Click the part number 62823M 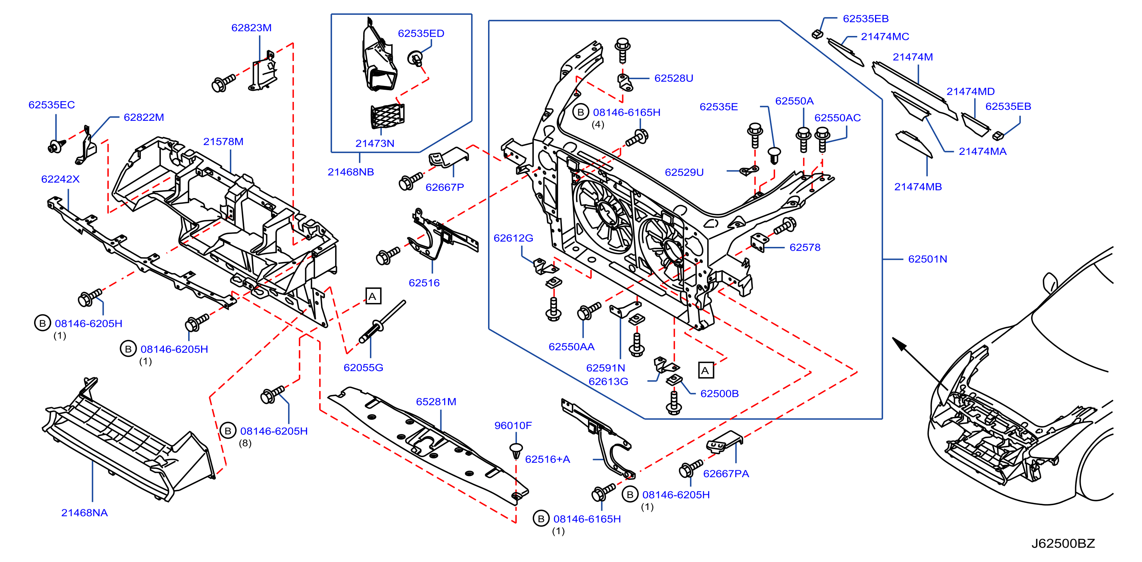[x=251, y=28]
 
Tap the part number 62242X [x=60, y=179]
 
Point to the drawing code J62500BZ [x=1063, y=543]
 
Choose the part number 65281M [x=436, y=401]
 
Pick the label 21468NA [x=84, y=513]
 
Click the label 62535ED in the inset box [x=421, y=33]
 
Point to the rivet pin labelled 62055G [x=381, y=322]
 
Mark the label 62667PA [x=726, y=474]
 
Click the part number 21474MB [x=918, y=187]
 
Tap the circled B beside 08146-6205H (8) [x=228, y=431]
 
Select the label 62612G [x=513, y=238]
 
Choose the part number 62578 [x=805, y=247]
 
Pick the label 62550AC [x=838, y=118]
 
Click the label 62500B [x=719, y=393]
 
